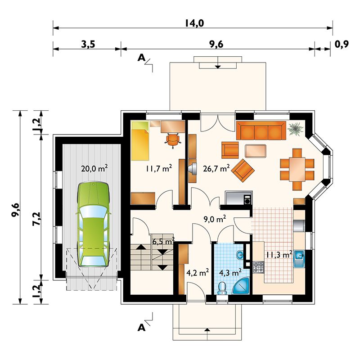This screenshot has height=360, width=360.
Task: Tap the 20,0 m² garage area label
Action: [x=94, y=168]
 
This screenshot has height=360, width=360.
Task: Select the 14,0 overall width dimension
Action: [x=194, y=23]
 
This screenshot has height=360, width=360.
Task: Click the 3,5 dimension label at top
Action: [x=88, y=44]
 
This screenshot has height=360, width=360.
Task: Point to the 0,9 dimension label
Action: [x=342, y=44]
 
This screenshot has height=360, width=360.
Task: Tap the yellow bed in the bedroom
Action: [x=140, y=141]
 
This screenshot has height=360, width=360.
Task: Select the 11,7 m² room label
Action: [x=159, y=169]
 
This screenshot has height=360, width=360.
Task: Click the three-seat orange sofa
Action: [x=261, y=130]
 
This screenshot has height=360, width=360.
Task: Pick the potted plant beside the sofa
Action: [x=296, y=129]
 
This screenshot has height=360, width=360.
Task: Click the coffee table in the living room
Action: [x=256, y=151]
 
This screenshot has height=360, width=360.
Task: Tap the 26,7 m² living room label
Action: [x=216, y=169]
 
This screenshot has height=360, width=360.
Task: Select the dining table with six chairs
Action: [x=297, y=169]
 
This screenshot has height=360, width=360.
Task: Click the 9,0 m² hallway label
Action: [x=215, y=219]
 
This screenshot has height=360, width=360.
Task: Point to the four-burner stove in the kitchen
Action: [x=258, y=267]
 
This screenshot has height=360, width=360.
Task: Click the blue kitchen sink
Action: [x=299, y=258]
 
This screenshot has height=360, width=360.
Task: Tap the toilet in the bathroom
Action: [x=222, y=288]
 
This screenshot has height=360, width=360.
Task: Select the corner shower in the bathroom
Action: [x=242, y=286]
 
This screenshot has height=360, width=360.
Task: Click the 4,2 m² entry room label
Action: [x=198, y=273]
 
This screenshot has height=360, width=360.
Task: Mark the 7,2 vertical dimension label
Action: [x=37, y=219]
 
